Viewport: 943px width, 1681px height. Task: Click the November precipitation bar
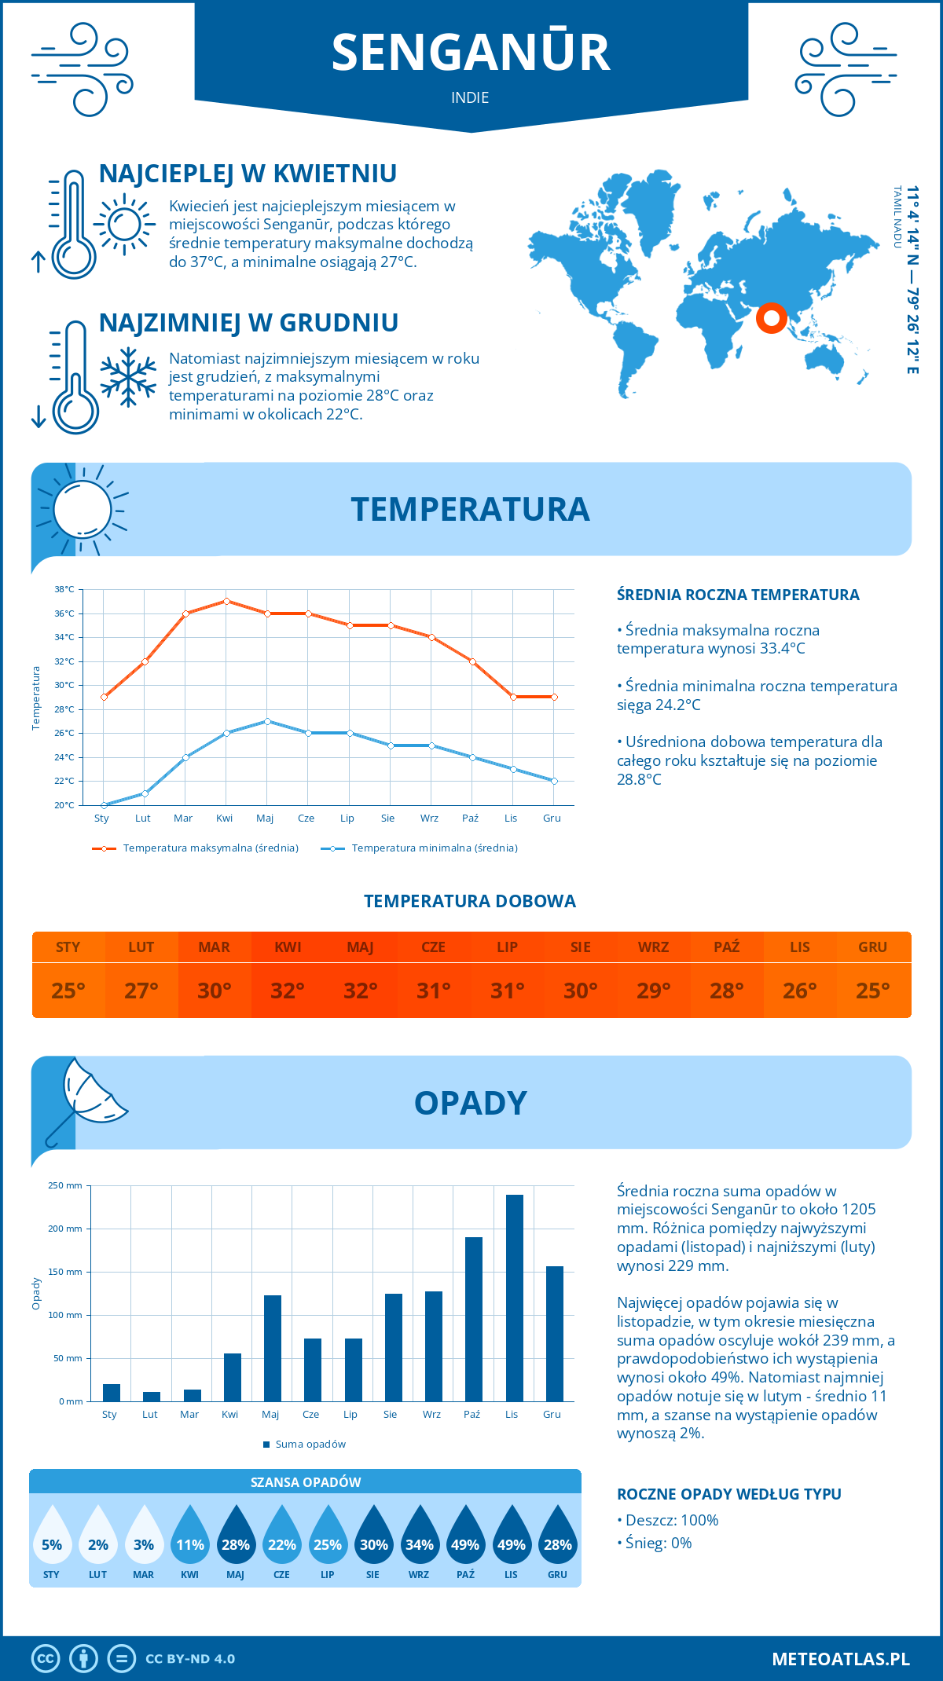(514, 1298)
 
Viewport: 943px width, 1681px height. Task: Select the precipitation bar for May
(272, 1348)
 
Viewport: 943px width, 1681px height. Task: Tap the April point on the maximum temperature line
(226, 601)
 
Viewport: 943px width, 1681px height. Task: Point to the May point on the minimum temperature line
(267, 721)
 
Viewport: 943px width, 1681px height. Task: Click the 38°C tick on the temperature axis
(64, 589)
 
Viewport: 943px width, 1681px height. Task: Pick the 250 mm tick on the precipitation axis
(65, 1185)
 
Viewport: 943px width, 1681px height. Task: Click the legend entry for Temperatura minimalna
(420, 848)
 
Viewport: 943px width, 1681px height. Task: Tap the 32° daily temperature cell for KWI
(288, 991)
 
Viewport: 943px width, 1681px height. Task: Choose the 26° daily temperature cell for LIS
(800, 991)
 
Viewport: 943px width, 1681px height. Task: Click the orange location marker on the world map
(771, 317)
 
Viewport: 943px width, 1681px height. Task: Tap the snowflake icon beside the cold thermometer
(128, 377)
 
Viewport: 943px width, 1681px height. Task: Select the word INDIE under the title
(470, 97)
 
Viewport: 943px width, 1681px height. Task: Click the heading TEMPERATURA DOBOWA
(470, 901)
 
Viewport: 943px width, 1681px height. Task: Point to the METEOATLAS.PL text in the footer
(840, 1658)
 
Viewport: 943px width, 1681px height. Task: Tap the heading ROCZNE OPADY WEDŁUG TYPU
(728, 1494)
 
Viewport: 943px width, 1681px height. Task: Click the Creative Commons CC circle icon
(46, 1658)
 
